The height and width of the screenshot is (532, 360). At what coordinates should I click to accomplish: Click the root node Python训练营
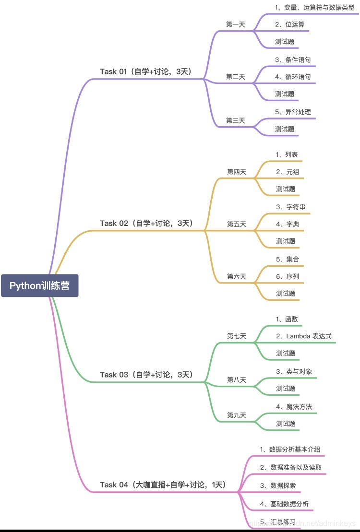[39, 285]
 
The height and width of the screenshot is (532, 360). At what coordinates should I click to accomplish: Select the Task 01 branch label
[145, 71]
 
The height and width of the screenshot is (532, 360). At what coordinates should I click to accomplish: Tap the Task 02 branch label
[146, 223]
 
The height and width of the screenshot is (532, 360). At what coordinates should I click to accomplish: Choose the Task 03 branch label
[146, 374]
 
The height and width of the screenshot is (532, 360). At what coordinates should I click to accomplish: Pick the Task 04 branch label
[163, 485]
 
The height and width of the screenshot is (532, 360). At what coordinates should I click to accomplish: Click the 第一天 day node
[235, 24]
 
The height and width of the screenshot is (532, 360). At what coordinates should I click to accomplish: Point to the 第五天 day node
[236, 224]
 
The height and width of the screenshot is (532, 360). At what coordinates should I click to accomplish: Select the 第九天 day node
[236, 415]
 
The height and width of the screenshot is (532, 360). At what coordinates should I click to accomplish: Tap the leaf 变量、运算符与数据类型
[314, 7]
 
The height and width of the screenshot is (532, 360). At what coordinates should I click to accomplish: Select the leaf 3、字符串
[290, 207]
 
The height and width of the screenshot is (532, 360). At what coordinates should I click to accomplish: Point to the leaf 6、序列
[288, 276]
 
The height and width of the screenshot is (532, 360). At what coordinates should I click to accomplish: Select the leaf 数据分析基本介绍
[290, 449]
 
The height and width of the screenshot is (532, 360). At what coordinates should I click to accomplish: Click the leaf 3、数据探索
[278, 485]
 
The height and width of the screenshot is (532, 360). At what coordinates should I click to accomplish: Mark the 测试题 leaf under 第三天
[285, 129]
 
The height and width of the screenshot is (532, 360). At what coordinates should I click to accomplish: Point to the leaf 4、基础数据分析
[284, 504]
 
